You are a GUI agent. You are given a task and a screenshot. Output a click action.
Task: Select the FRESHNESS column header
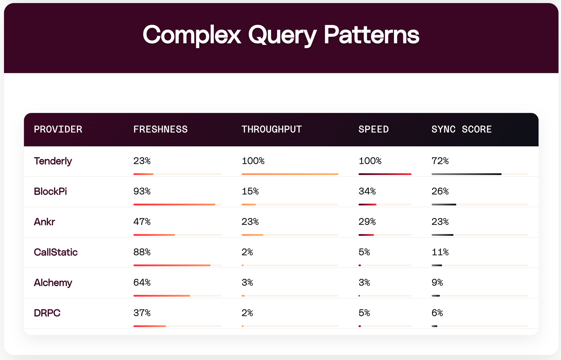(x=160, y=129)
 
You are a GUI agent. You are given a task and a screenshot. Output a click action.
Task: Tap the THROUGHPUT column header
(x=271, y=129)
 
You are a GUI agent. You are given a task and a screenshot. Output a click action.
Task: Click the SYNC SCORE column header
(x=461, y=129)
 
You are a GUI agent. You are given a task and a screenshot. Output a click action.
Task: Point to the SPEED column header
(x=373, y=129)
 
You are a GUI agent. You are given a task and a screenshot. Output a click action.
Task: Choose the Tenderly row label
(x=53, y=161)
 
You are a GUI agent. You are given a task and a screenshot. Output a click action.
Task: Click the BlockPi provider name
(x=50, y=191)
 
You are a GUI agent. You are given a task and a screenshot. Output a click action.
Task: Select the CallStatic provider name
(x=56, y=252)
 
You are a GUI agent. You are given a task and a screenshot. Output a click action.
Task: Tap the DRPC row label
(x=47, y=313)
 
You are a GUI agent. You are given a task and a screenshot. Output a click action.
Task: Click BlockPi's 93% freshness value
(x=142, y=191)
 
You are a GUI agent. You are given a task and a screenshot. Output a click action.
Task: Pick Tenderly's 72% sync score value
(x=440, y=161)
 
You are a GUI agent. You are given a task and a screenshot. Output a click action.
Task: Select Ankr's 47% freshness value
(x=142, y=222)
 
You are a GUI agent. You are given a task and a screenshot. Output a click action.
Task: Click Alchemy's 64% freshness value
(x=142, y=282)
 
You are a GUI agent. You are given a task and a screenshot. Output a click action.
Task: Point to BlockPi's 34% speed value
(x=367, y=191)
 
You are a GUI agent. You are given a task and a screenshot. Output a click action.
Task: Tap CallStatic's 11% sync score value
(x=440, y=252)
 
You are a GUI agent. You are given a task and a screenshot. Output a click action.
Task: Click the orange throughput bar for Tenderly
(x=290, y=174)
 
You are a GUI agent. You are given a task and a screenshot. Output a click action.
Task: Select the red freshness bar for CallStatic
(x=172, y=265)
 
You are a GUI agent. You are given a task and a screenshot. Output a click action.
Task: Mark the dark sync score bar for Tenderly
(x=466, y=174)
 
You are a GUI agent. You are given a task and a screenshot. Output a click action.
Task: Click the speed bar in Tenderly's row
(x=385, y=174)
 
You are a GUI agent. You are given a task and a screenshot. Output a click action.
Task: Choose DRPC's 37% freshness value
(x=142, y=313)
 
